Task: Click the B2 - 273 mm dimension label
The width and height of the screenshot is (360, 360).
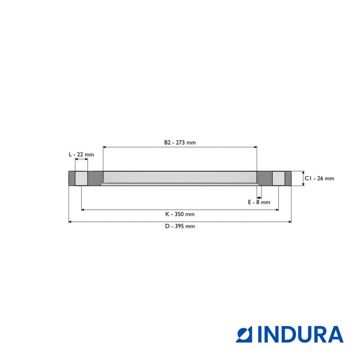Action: (x=180, y=142)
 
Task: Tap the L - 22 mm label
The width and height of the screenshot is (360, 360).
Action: (x=81, y=154)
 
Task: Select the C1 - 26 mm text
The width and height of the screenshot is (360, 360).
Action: (x=319, y=178)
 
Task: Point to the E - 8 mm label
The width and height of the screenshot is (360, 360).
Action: (x=259, y=202)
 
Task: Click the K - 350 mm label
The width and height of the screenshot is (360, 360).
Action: (x=180, y=214)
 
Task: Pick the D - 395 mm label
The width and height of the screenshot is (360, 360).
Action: (x=180, y=226)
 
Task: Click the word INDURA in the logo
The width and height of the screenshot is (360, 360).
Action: (x=300, y=334)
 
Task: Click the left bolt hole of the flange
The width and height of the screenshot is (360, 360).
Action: (x=82, y=178)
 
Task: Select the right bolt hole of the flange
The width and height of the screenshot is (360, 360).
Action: (x=278, y=178)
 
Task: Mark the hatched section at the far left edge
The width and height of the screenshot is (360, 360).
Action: (x=72, y=178)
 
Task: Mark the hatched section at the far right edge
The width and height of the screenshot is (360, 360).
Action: (x=288, y=178)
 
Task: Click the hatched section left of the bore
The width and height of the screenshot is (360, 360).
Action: (x=95, y=178)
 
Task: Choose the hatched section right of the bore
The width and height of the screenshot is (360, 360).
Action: (x=265, y=178)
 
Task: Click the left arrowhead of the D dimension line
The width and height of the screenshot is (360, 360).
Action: (x=70, y=222)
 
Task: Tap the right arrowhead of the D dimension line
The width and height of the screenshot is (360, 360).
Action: (x=290, y=222)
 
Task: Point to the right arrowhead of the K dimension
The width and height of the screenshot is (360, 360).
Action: (x=277, y=210)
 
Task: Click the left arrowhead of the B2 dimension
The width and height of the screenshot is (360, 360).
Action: (x=105, y=147)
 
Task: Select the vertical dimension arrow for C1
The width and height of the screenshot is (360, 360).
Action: (x=303, y=178)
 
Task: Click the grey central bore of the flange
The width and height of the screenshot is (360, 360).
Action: (x=180, y=178)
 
